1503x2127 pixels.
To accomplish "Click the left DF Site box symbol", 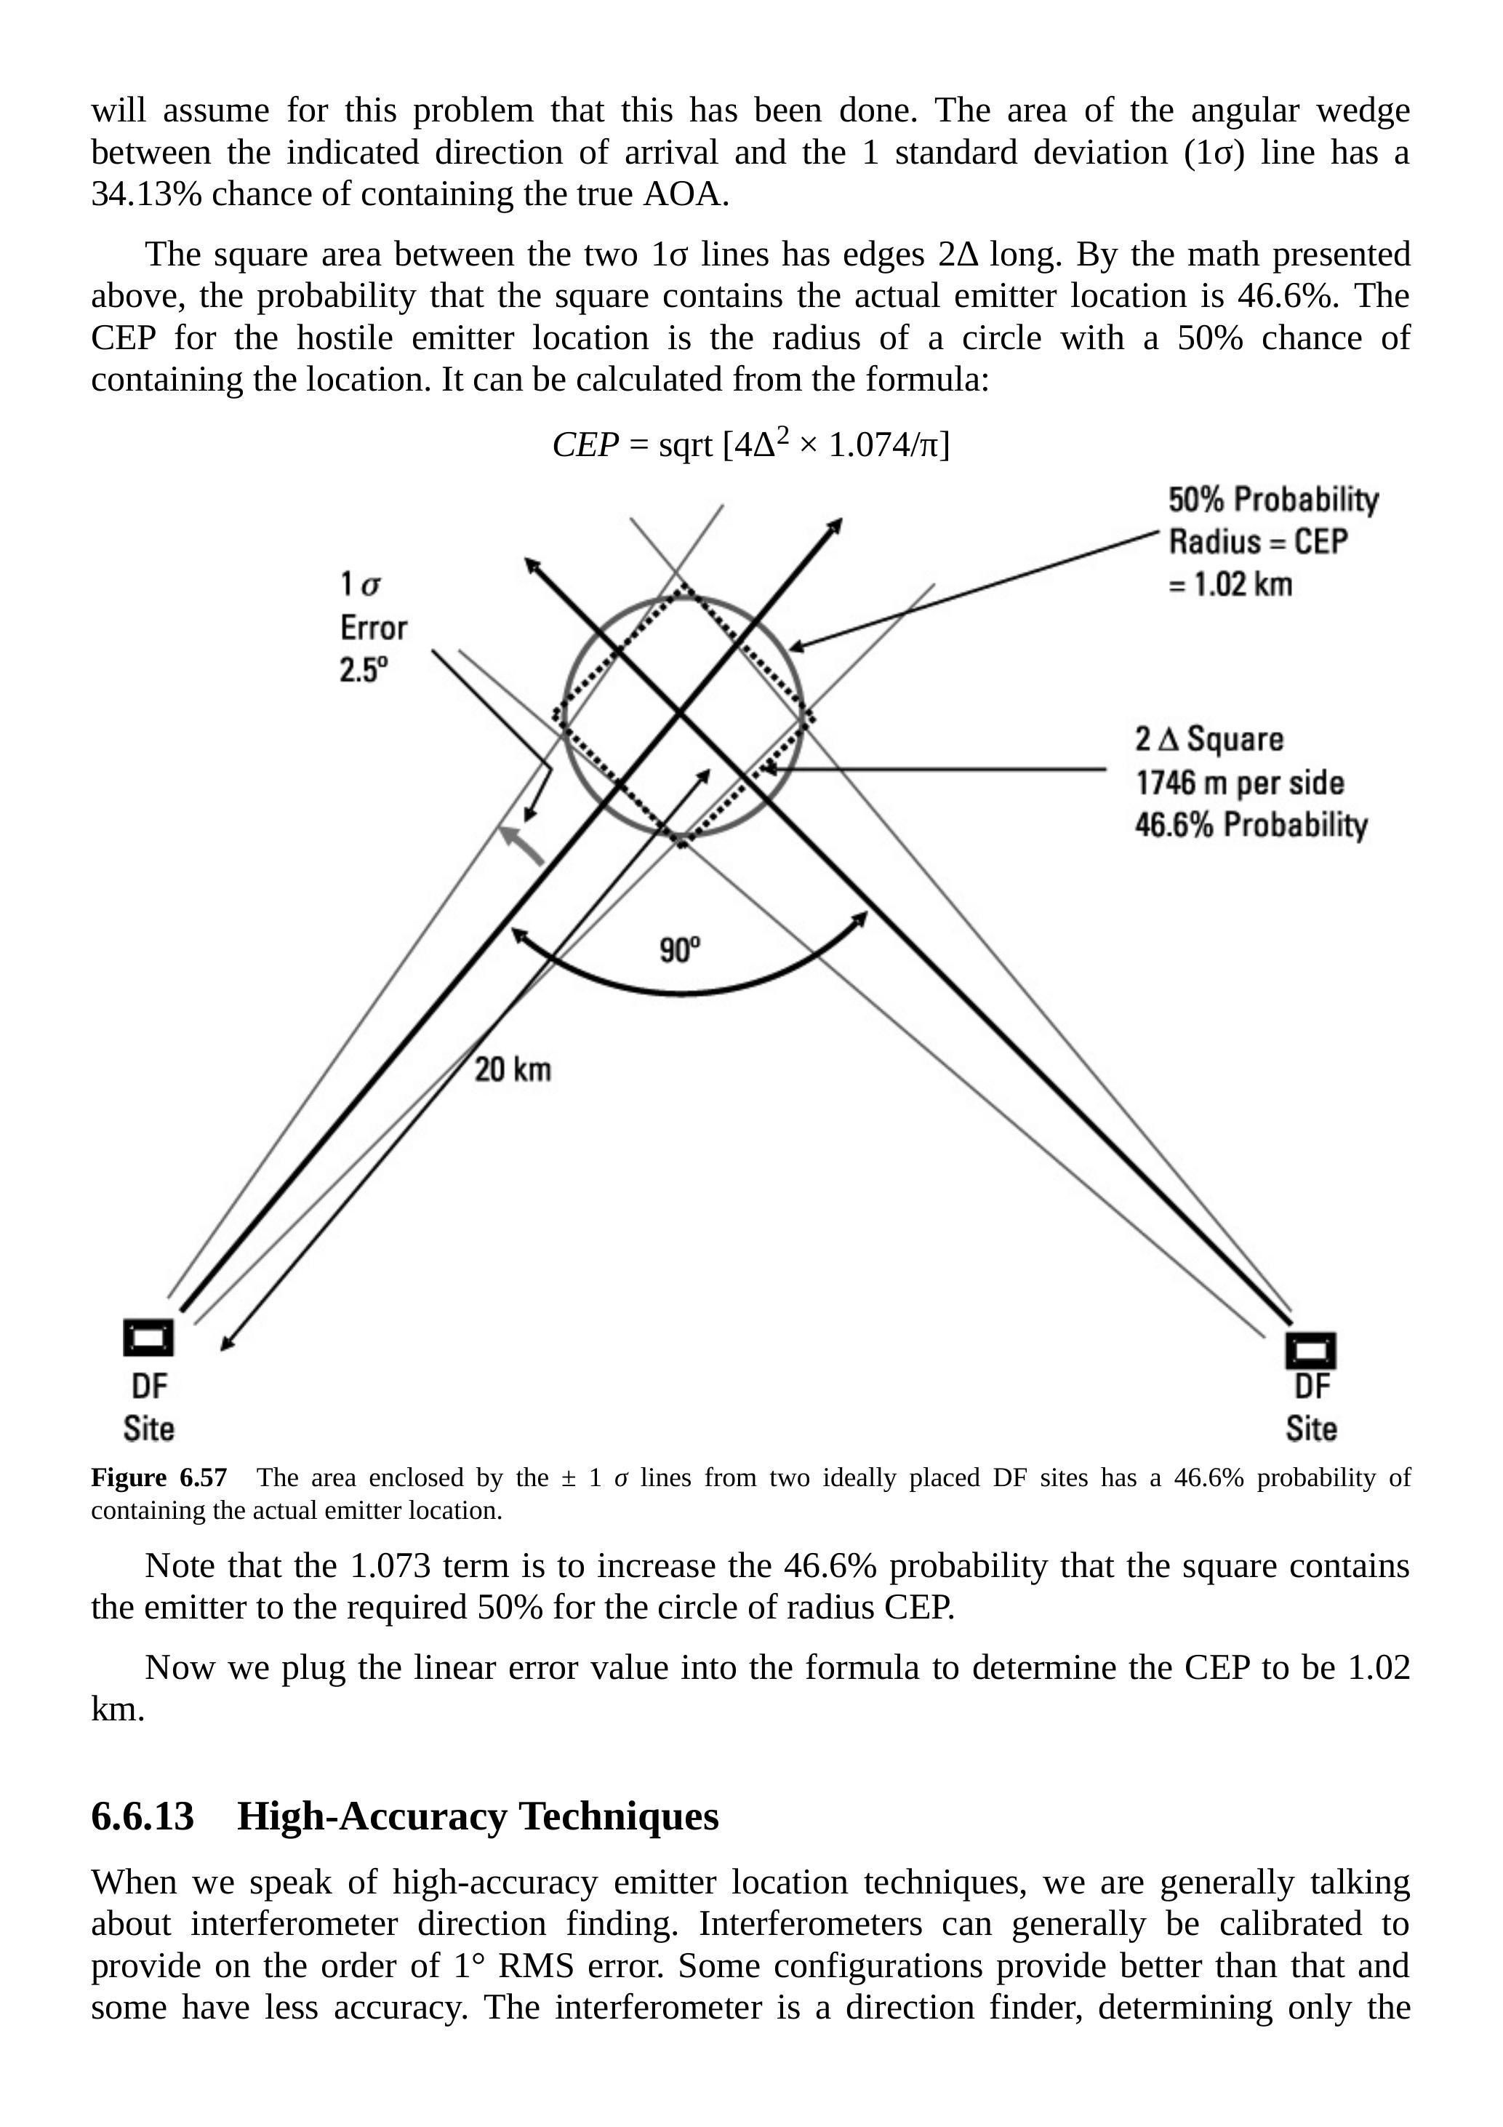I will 148,1338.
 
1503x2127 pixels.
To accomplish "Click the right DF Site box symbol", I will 1310,1350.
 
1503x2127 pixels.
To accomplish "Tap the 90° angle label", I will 680,949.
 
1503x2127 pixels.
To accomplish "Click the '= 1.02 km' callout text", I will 1231,585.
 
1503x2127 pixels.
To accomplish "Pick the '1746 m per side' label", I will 1240,783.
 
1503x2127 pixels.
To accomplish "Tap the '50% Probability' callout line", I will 1273,500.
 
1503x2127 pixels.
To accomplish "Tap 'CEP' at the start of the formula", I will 585,446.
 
